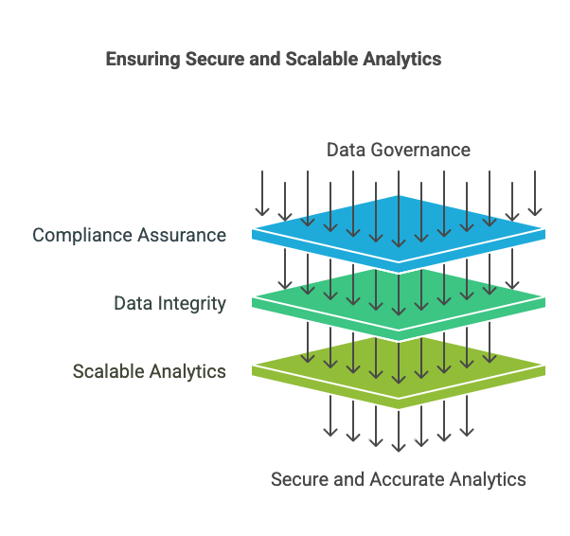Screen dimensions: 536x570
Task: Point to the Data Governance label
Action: tap(399, 150)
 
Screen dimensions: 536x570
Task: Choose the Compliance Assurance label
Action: tap(130, 235)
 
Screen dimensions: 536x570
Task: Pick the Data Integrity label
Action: tap(170, 304)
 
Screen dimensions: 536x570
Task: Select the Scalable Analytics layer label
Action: tap(150, 371)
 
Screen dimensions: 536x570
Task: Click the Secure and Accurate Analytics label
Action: tap(399, 479)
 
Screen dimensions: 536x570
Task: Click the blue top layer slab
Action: tap(399, 224)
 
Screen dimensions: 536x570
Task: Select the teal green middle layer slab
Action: tap(399, 295)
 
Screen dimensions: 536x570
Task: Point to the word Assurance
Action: tap(182, 235)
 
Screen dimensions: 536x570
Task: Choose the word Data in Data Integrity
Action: tap(133, 304)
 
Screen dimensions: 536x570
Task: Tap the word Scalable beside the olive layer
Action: tap(106, 371)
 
